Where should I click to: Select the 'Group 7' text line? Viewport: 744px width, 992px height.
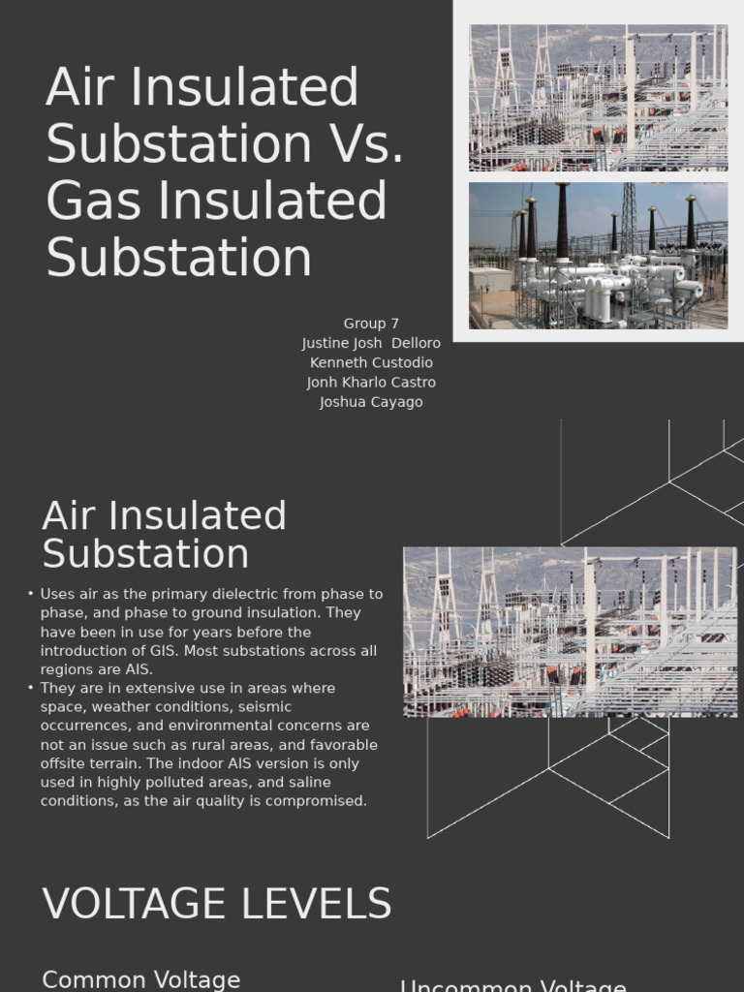click(371, 324)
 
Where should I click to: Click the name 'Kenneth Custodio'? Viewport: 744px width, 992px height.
click(371, 362)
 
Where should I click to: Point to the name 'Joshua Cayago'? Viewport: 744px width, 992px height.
click(371, 402)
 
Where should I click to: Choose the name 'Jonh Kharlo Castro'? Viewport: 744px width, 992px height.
click(371, 382)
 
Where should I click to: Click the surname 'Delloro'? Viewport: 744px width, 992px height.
click(416, 343)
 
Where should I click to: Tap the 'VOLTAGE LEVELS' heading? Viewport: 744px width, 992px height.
click(217, 904)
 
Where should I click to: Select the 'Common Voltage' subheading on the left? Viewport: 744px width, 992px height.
click(141, 979)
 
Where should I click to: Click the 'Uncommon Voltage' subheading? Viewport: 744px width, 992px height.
click(512, 986)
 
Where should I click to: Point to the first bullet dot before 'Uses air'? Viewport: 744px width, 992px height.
click(31, 594)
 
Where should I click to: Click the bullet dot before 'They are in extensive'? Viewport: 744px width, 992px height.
click(31, 688)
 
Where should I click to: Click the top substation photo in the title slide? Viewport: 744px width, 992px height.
click(598, 98)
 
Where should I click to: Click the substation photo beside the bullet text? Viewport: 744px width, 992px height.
click(570, 632)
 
